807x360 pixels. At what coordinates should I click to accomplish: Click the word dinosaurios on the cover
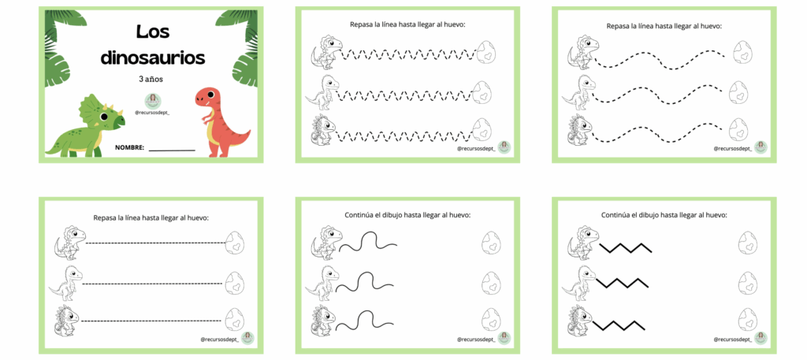152,58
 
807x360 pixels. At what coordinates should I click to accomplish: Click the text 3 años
152,80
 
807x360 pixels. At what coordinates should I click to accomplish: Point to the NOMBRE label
130,147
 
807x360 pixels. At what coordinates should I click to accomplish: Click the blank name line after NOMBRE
172,150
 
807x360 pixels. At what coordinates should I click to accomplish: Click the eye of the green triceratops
104,117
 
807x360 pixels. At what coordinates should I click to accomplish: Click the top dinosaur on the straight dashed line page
70,242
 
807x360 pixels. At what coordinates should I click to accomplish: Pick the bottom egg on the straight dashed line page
234,319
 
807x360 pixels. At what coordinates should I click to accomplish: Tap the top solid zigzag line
626,247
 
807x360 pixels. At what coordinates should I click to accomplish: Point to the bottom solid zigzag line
618,325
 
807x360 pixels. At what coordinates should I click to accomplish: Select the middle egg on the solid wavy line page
490,282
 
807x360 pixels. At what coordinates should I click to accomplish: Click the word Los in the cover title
153,32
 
